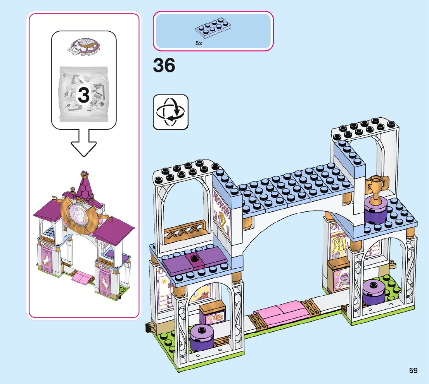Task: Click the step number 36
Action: [164, 66]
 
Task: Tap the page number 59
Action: [413, 370]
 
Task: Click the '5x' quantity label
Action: [199, 44]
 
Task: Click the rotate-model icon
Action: [171, 112]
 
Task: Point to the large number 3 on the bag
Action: [84, 95]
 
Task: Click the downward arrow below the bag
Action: [84, 143]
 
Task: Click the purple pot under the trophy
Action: [375, 211]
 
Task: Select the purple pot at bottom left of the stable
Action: [202, 338]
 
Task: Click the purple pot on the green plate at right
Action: [374, 291]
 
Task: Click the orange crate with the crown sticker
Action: [213, 312]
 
